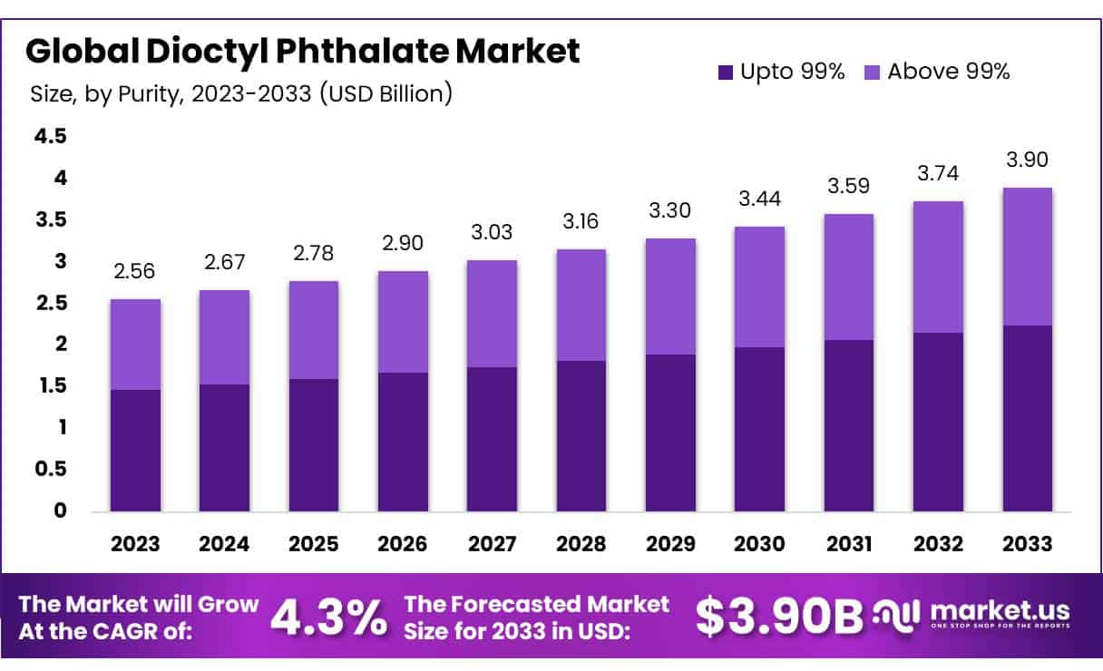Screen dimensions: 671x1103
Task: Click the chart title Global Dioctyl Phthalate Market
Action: coord(302,51)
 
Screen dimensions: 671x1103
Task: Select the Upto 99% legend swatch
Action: coord(725,72)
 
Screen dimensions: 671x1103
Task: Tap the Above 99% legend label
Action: coord(948,72)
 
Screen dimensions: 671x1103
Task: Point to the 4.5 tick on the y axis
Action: coord(51,136)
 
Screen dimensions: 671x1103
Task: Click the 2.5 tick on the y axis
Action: coord(51,303)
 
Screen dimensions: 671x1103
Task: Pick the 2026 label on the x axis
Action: coord(403,544)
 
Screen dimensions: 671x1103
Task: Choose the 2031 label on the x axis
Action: coord(849,544)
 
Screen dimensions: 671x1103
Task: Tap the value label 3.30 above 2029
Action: coord(670,211)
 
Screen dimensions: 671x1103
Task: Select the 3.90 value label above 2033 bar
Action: coord(1028,160)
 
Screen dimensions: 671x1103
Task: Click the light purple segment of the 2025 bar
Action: coord(314,329)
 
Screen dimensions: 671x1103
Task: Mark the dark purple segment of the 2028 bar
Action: coord(581,435)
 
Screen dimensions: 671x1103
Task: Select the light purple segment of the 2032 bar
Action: coord(938,267)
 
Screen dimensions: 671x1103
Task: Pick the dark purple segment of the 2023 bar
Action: coord(135,451)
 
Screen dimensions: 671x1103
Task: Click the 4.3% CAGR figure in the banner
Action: coord(327,618)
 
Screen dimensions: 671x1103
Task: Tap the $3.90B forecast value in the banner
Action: coord(778,618)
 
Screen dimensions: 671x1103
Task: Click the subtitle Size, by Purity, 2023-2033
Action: coord(240,92)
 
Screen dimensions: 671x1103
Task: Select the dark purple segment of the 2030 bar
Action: coord(760,429)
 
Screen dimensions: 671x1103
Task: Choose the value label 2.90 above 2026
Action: coord(403,243)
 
